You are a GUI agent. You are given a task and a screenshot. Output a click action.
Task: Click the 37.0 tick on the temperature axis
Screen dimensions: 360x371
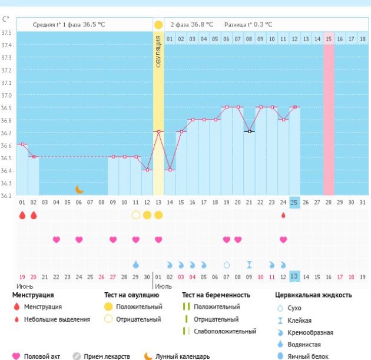[7, 95]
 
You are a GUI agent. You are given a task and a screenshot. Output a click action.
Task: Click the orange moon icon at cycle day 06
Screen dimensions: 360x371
[79, 189]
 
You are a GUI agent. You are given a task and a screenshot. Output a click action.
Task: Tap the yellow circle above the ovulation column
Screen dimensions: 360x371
[158, 25]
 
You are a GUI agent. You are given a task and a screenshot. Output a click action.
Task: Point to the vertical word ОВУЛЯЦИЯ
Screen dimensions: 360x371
[158, 51]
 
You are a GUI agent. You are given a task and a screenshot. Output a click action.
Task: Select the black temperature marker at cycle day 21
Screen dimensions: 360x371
[249, 131]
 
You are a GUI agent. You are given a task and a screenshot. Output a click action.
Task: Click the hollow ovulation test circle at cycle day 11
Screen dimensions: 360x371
[136, 215]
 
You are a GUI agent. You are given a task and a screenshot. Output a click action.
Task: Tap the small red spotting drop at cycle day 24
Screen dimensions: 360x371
[283, 215]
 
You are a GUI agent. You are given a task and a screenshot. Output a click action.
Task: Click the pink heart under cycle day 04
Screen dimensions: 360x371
[57, 240]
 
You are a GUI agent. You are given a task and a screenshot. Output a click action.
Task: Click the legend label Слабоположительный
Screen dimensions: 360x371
[225, 331]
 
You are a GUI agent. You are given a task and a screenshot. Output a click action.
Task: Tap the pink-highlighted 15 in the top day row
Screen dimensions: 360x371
[329, 38]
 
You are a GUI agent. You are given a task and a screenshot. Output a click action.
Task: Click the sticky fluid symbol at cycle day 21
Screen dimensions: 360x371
[249, 265]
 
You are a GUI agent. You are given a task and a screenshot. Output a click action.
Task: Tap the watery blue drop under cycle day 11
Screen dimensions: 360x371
[136, 265]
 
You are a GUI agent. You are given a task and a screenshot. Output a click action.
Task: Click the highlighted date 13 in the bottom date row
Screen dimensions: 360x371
[294, 276]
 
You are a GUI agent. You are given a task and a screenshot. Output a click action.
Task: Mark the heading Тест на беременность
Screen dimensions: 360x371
[216, 295]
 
